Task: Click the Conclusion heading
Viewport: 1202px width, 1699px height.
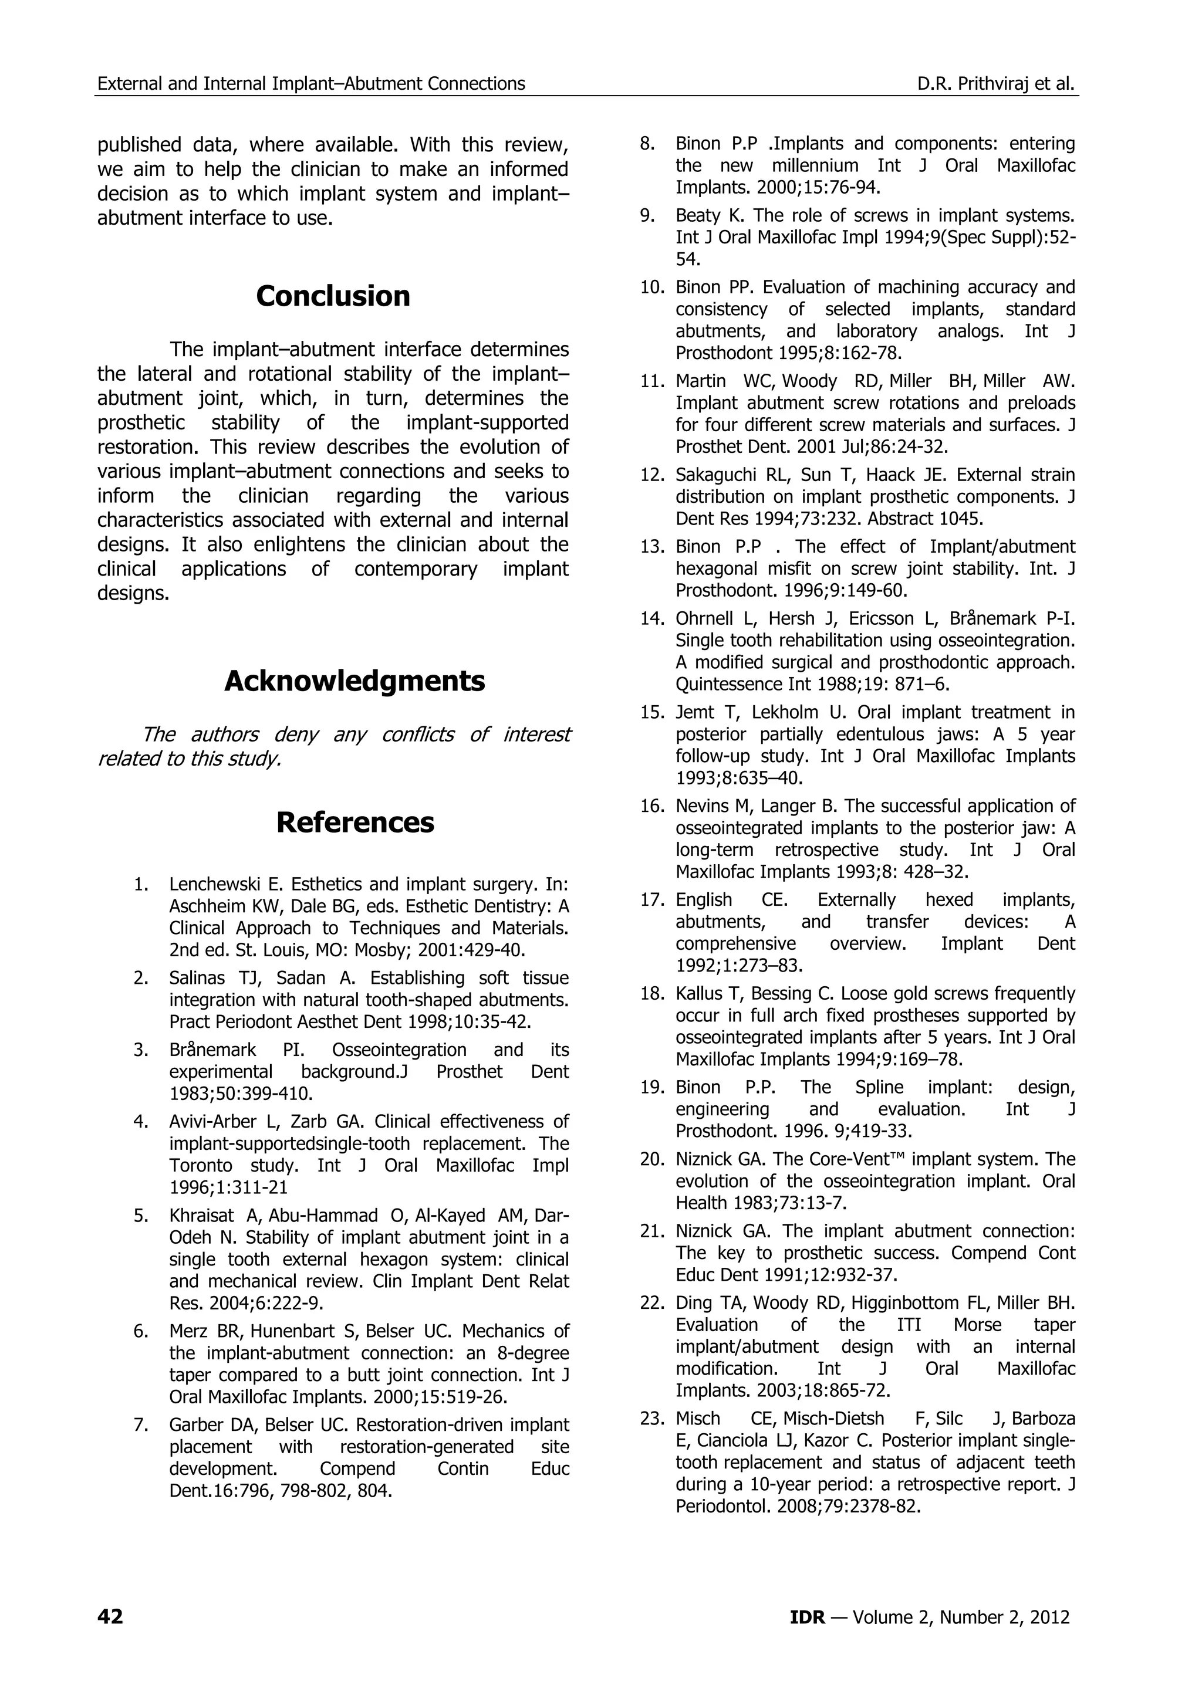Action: pyautogui.click(x=333, y=296)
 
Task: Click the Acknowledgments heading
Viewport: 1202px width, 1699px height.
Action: pyautogui.click(x=354, y=681)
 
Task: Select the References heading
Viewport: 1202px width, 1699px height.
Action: pyautogui.click(x=354, y=822)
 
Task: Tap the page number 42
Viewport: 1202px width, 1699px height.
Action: pyautogui.click(x=110, y=1617)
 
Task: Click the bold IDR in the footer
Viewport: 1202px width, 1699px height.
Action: pyautogui.click(x=807, y=1617)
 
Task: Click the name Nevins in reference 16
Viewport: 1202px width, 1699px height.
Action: pyautogui.click(x=700, y=806)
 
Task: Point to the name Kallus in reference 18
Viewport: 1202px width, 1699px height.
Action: pyautogui.click(x=697, y=994)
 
